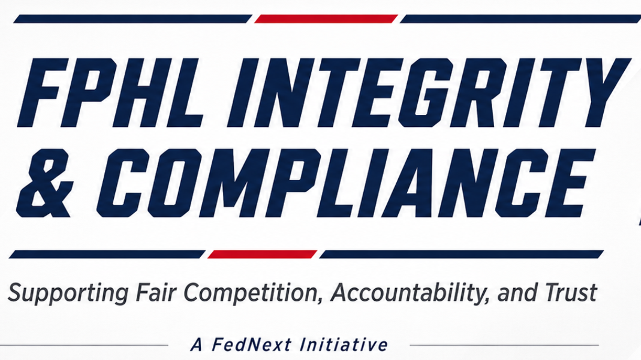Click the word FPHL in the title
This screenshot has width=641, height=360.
[x=110, y=93]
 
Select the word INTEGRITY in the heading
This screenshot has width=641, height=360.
[x=429, y=93]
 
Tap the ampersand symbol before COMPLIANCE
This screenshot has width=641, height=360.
[x=45, y=183]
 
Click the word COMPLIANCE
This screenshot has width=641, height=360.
[x=346, y=183]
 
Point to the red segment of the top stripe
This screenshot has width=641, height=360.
[x=326, y=19]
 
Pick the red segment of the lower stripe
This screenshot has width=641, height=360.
[x=262, y=254]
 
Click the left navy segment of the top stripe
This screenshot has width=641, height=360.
[x=133, y=19]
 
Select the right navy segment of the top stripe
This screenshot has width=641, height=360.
[x=520, y=19]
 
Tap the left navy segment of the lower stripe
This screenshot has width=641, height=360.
[x=107, y=254]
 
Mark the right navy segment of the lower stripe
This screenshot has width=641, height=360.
[x=462, y=254]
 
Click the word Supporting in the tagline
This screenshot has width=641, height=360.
[x=68, y=293]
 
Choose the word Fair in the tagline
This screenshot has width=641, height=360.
[x=157, y=292]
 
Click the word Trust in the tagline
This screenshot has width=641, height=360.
[x=571, y=292]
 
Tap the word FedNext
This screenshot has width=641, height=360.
[x=252, y=345]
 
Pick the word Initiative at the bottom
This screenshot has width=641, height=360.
[x=343, y=345]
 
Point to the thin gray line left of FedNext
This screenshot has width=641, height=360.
[x=84, y=345]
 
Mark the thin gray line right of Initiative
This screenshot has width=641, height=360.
[x=504, y=345]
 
